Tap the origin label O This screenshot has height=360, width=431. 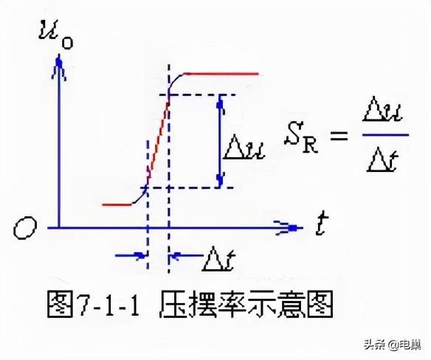pyautogui.click(x=25, y=228)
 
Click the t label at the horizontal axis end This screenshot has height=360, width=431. pyautogui.click(x=321, y=225)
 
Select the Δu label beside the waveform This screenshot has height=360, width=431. pyautogui.click(x=244, y=147)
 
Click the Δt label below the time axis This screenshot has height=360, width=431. pyautogui.click(x=218, y=259)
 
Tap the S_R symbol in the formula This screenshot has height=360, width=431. pyautogui.click(x=301, y=137)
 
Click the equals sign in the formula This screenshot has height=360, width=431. pyautogui.click(x=339, y=136)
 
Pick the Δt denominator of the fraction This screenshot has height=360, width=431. pyautogui.click(x=383, y=159)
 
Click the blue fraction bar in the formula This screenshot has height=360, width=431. pyautogui.click(x=385, y=135)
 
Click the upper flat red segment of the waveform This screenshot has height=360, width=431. pyautogui.click(x=221, y=74)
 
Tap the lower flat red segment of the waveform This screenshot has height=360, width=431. pyautogui.click(x=117, y=205)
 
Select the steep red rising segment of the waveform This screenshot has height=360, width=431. pyautogui.click(x=159, y=136)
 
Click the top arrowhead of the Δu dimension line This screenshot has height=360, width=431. pyautogui.click(x=220, y=105)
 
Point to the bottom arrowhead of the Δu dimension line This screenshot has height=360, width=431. pyautogui.click(x=220, y=179)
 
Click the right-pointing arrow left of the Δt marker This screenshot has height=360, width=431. pyautogui.click(x=131, y=255)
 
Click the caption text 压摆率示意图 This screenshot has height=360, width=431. pyautogui.click(x=246, y=304)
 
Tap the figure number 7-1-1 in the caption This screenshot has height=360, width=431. pyautogui.click(x=108, y=305)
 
